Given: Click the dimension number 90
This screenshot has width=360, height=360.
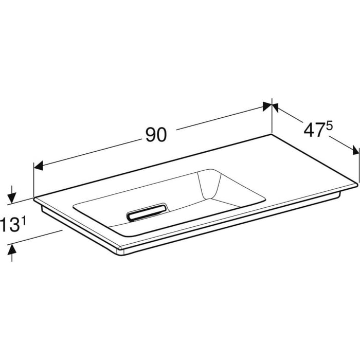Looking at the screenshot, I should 156,135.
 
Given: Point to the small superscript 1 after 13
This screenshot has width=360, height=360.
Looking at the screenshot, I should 23,221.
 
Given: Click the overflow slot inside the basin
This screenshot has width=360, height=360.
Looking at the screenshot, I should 147,211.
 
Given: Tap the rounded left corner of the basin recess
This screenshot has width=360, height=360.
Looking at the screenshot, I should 76,207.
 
